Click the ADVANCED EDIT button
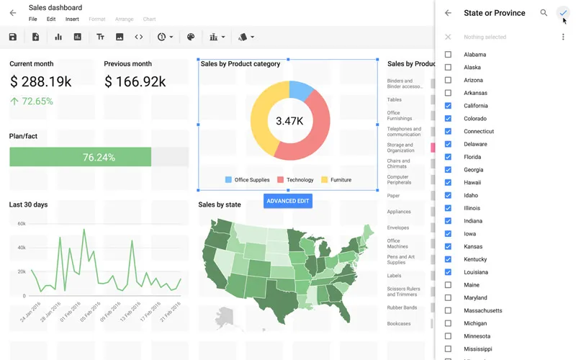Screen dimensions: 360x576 (288, 201)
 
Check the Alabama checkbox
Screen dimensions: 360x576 (448, 55)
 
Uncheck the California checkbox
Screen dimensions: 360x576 (448, 106)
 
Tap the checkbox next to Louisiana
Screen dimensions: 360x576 (448, 272)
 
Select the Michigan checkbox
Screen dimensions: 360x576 (448, 323)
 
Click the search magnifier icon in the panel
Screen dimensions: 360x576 (544, 13)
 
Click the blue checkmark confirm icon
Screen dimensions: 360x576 (563, 13)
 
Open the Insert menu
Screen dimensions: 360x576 (72, 19)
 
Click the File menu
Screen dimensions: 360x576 (33, 19)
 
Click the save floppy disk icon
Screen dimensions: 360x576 (13, 37)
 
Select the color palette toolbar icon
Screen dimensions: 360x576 (191, 37)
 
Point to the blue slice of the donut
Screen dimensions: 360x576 (302, 90)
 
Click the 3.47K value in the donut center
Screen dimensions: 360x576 (289, 121)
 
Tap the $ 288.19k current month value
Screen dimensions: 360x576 (40, 82)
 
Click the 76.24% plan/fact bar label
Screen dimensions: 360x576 (99, 157)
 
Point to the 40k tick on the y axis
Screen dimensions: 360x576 (22, 248)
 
